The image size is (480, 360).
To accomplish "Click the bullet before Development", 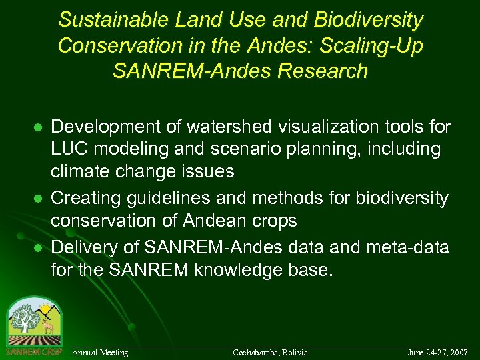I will pos(39,127).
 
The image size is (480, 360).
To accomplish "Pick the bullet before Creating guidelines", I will pos(39,199).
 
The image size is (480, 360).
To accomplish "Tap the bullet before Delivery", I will pos(39,247).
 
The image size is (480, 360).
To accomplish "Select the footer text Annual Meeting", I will pos(100,352).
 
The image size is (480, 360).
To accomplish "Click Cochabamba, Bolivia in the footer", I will pos(270,352).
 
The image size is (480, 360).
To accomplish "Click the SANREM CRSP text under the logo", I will pos(33,351).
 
